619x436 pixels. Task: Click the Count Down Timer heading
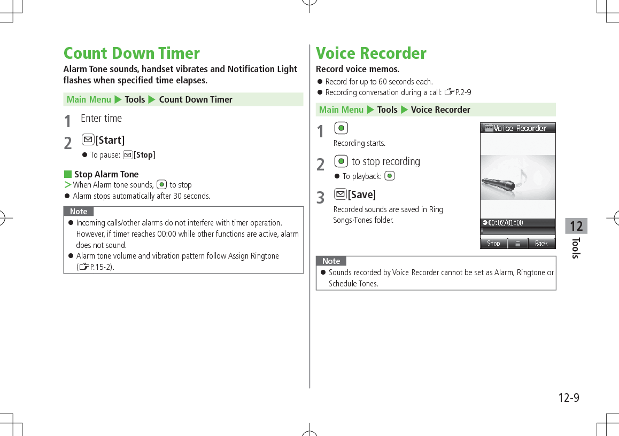click(x=131, y=53)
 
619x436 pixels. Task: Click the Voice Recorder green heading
click(x=371, y=53)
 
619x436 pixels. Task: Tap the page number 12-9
click(x=568, y=398)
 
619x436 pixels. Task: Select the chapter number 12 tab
click(x=576, y=226)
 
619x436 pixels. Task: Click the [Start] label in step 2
click(x=110, y=141)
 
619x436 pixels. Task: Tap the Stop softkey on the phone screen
click(x=493, y=244)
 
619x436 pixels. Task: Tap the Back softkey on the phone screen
click(x=541, y=244)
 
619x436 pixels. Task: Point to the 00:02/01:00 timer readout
click(x=505, y=223)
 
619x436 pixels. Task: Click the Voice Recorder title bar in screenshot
click(x=517, y=128)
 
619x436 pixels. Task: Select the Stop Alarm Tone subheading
click(x=106, y=174)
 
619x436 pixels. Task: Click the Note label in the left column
click(x=79, y=212)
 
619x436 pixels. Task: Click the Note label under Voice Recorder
click(x=331, y=261)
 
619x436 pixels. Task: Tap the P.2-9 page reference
click(x=462, y=92)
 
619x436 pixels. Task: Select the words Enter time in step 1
click(x=101, y=119)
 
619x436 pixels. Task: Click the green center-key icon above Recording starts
click(x=341, y=128)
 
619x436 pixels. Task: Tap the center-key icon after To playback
click(x=389, y=176)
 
